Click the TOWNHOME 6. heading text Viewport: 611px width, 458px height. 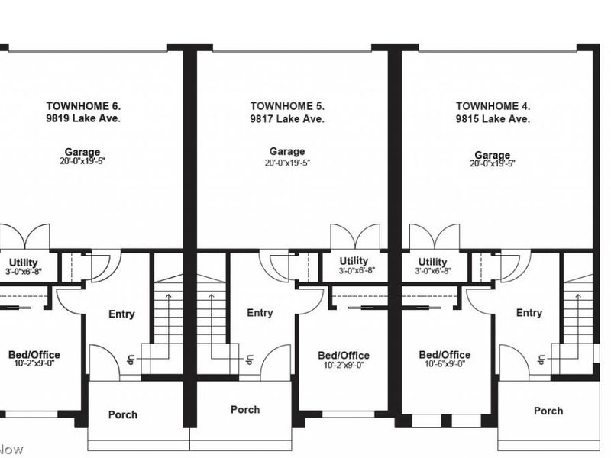pyautogui.click(x=83, y=106)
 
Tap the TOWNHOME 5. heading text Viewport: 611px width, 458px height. pyautogui.click(x=287, y=106)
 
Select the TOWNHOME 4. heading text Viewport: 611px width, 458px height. pyautogui.click(x=493, y=106)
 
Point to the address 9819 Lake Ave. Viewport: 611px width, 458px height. pyautogui.click(x=83, y=119)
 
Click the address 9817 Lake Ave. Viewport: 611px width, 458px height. pyautogui.click(x=287, y=119)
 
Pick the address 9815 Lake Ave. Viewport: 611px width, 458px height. pyautogui.click(x=493, y=119)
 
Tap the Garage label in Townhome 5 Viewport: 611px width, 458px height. pyautogui.click(x=287, y=152)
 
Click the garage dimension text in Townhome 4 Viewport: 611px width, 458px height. pyautogui.click(x=493, y=163)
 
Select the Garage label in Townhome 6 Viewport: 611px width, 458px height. pyautogui.click(x=83, y=153)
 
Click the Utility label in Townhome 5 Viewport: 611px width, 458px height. pyautogui.click(x=354, y=261)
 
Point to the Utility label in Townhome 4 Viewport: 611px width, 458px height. pyautogui.click(x=433, y=262)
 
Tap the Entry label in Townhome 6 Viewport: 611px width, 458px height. pyautogui.click(x=121, y=314)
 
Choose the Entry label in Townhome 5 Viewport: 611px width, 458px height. pyautogui.click(x=260, y=312)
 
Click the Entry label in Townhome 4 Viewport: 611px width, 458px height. pyautogui.click(x=529, y=312)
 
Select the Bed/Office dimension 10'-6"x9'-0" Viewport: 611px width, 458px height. pyautogui.click(x=445, y=364)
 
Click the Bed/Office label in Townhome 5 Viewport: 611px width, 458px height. pyautogui.click(x=344, y=355)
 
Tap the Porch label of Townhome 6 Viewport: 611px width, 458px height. pyautogui.click(x=123, y=414)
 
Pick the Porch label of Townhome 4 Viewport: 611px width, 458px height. pyautogui.click(x=548, y=411)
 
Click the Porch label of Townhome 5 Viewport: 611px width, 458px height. pyautogui.click(x=245, y=410)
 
